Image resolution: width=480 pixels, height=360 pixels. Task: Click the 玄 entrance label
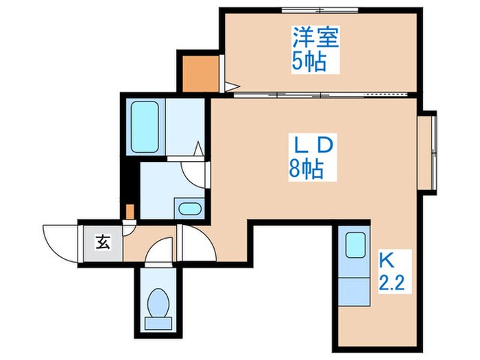101,242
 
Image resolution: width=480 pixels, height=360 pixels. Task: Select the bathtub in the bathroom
145,128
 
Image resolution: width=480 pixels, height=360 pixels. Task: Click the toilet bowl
159,303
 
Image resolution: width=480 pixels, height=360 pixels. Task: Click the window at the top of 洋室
321,10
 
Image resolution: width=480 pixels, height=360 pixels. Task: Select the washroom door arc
197,172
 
